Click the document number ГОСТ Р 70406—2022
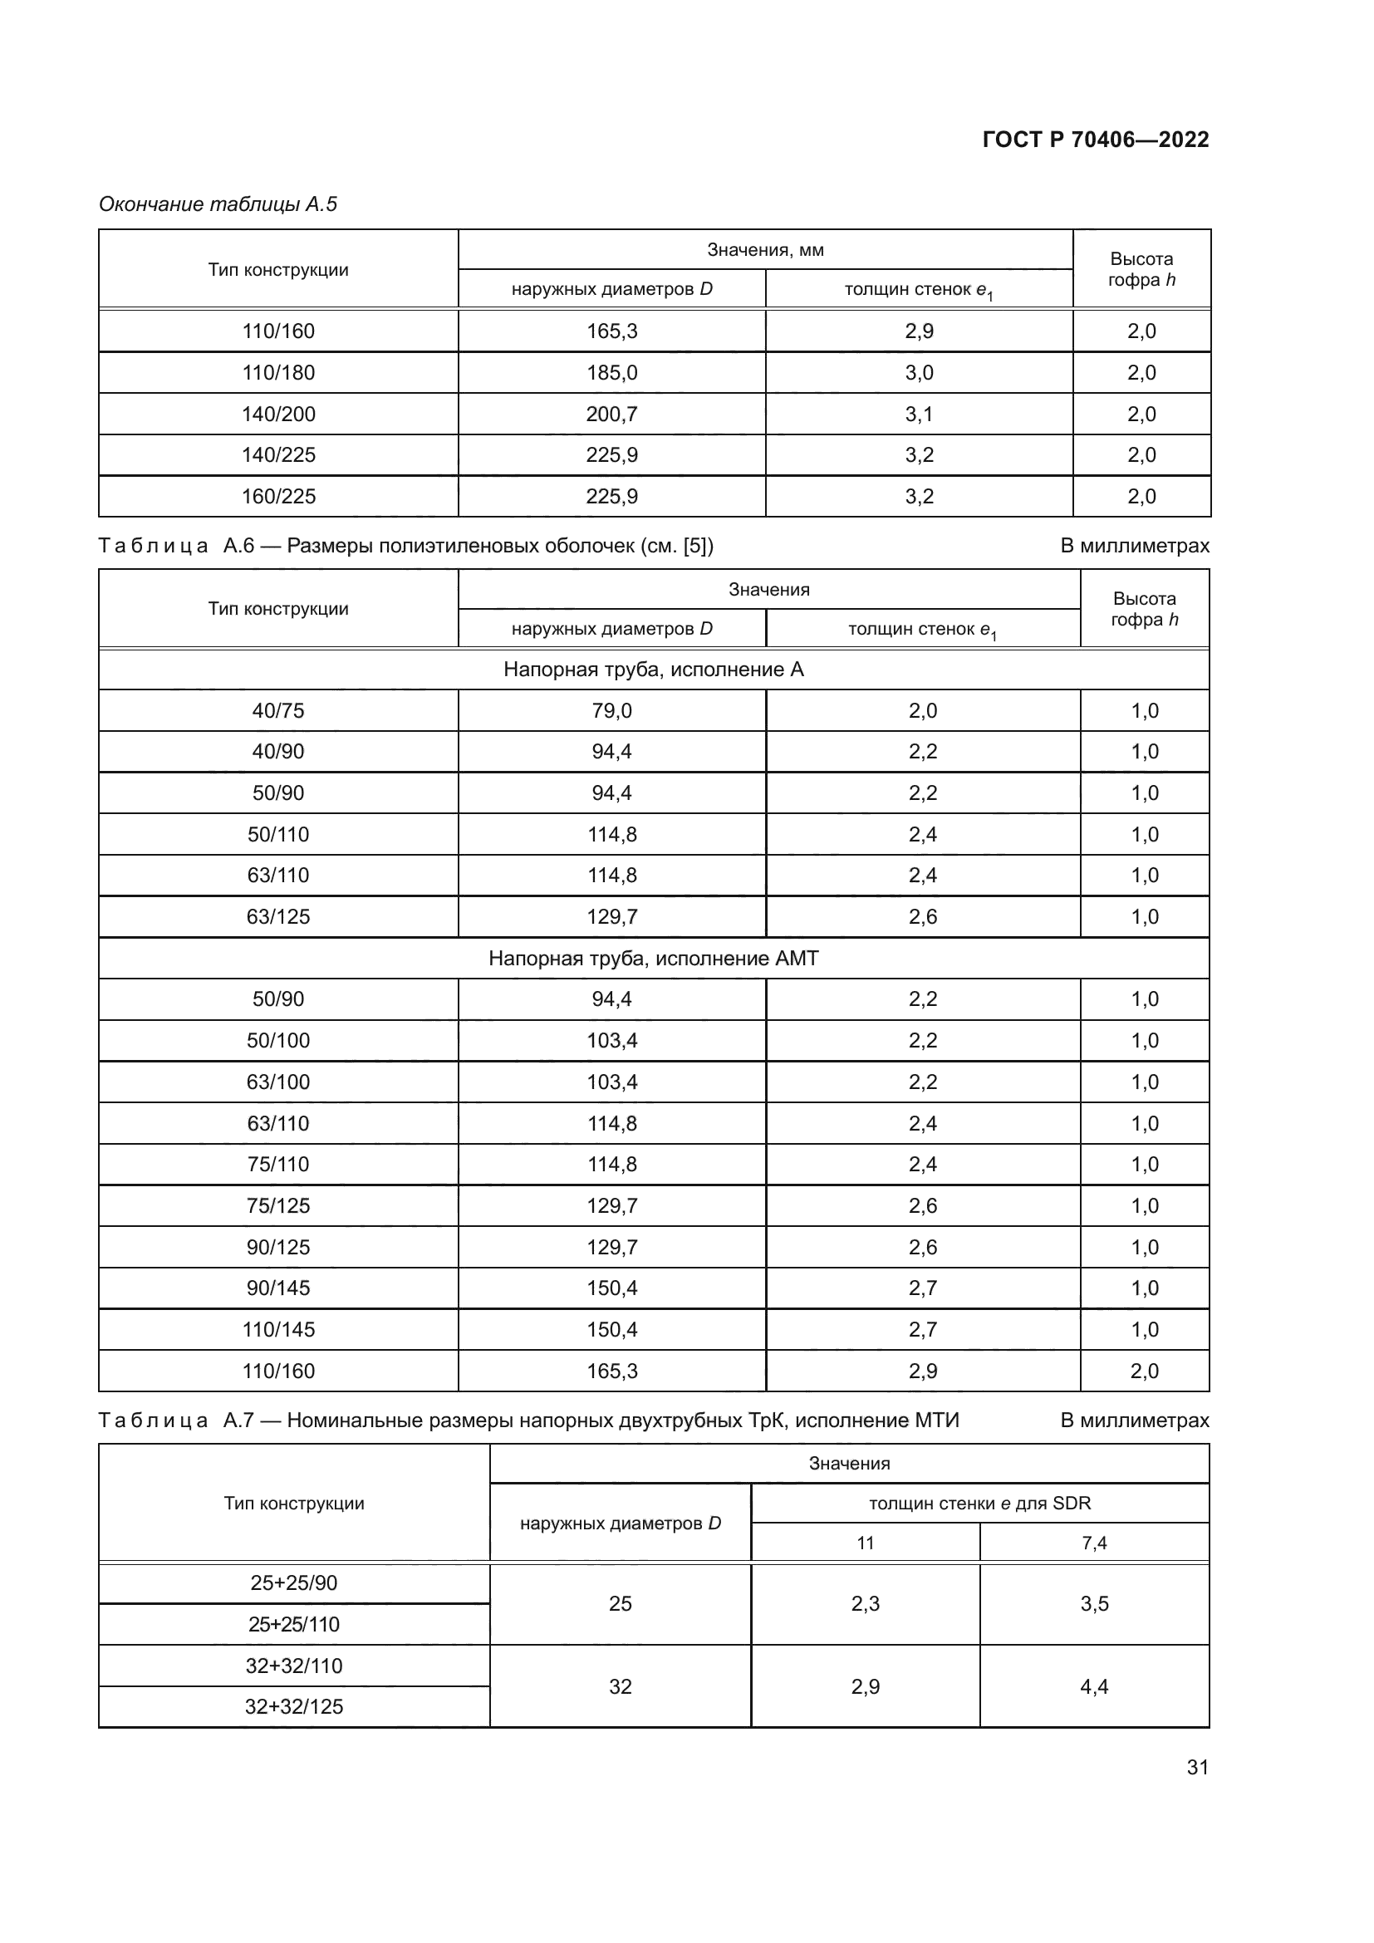[1096, 140]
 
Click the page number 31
[1197, 1767]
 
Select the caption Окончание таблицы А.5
[218, 204]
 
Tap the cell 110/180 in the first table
[278, 372]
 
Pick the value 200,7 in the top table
[611, 414]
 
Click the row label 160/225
[278, 496]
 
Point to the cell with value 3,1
[919, 414]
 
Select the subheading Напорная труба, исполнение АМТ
[653, 958]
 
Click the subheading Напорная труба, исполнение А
[653, 670]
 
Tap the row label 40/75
[278, 711]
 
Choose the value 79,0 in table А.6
[611, 711]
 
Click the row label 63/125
[278, 916]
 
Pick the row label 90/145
[278, 1288]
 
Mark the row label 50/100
[278, 1040]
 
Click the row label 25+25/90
[293, 1582]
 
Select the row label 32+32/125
[293, 1706]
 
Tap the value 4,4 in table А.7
[1094, 1686]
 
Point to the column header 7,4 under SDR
[1094, 1543]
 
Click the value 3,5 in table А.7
[1094, 1603]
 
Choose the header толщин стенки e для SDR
[979, 1503]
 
